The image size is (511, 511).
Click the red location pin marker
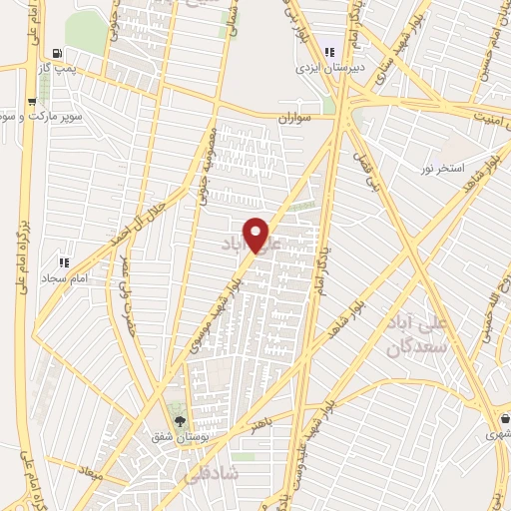tap(257, 235)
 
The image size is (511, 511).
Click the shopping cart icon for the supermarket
tap(33, 101)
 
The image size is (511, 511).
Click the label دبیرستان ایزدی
tap(324, 70)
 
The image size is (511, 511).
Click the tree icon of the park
tap(180, 420)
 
